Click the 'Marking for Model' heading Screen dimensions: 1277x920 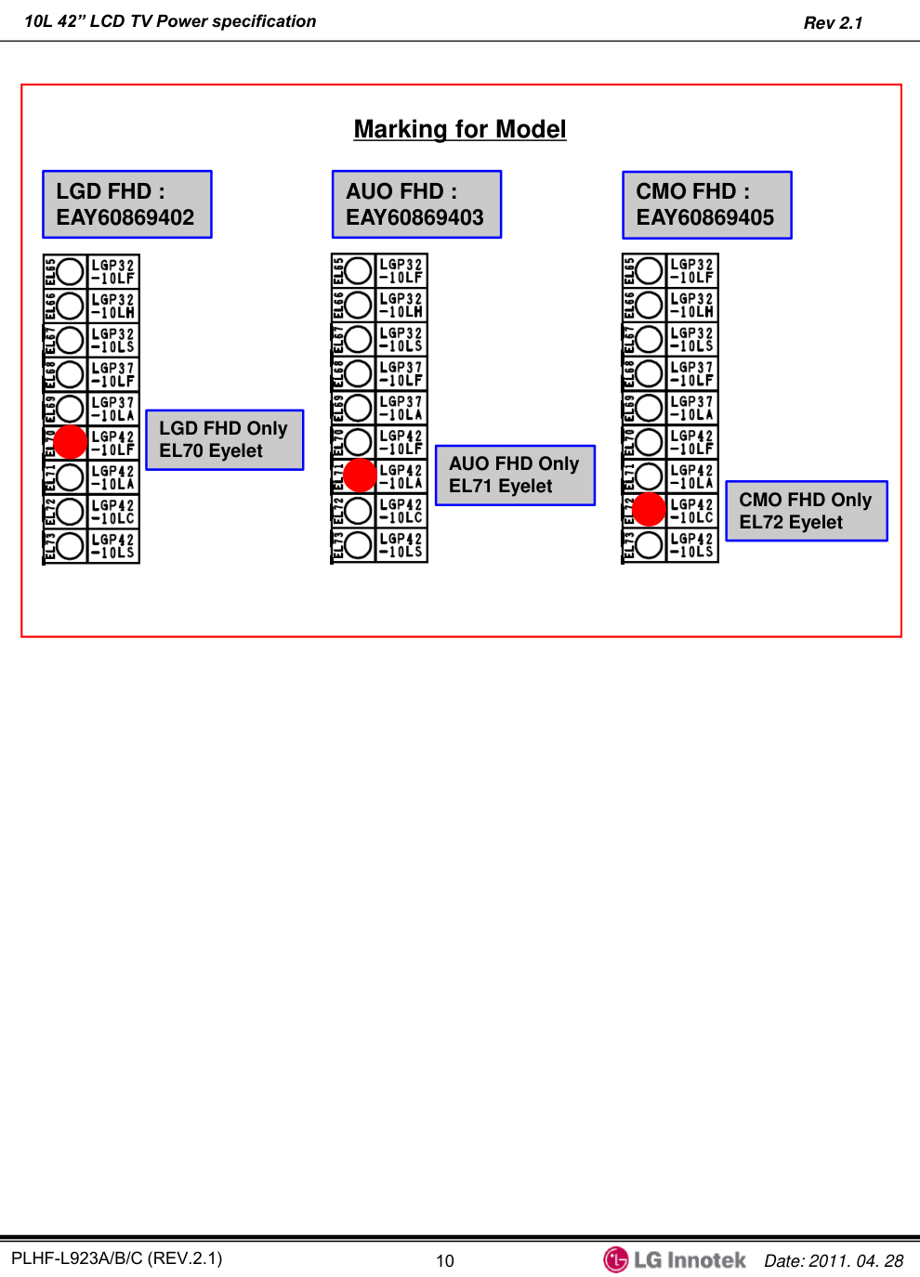[460, 129]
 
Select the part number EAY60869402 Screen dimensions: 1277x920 [125, 218]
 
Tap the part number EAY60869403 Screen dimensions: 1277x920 [414, 218]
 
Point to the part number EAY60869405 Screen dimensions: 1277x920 [704, 218]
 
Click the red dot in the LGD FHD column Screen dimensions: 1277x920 [71, 442]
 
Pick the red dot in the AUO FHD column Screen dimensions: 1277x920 [360, 476]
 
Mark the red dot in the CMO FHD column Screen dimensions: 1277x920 [649, 510]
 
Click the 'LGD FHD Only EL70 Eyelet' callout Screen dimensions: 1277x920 [224, 439]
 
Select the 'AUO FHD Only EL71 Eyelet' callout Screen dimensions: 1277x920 [514, 475]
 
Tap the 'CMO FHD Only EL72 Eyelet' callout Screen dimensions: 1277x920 [806, 511]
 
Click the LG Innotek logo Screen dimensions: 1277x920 [675, 1259]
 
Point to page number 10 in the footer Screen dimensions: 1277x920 [445, 1260]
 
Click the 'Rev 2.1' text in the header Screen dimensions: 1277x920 [833, 23]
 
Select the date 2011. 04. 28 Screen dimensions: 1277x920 [856, 1260]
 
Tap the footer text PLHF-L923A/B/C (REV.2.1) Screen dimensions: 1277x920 [117, 1258]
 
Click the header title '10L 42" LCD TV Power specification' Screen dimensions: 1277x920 [170, 21]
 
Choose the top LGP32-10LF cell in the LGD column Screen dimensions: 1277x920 [113, 271]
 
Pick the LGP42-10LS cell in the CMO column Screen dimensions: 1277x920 [692, 545]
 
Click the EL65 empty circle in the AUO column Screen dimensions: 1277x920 [359, 271]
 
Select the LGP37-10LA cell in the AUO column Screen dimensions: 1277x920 [401, 409]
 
